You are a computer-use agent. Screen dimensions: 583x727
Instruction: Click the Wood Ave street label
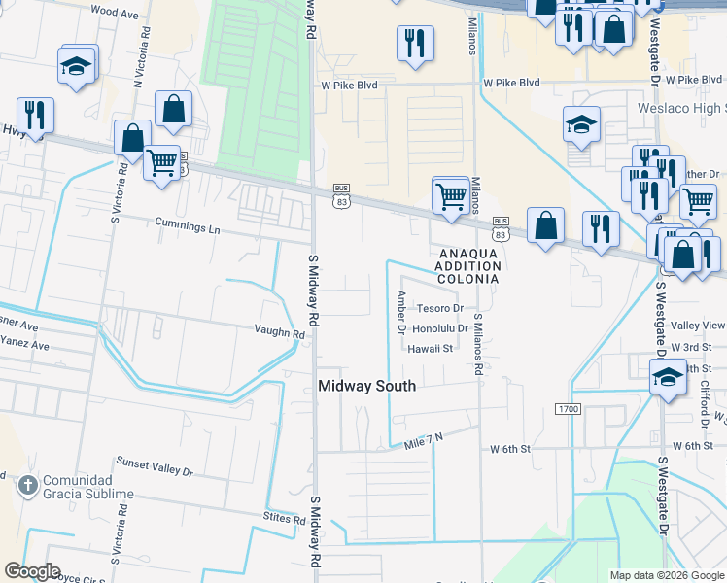click(114, 13)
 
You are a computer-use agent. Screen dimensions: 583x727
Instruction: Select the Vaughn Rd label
click(280, 332)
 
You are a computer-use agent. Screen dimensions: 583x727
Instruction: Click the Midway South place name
click(367, 386)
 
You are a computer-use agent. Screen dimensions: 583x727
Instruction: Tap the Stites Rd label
click(284, 520)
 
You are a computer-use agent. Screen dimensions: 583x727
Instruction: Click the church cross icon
click(29, 484)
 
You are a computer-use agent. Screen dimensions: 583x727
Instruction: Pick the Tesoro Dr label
click(439, 308)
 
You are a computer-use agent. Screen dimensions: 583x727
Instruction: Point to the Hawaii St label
click(431, 348)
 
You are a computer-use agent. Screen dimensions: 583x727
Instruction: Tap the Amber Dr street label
click(400, 311)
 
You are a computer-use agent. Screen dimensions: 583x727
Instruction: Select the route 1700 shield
click(569, 409)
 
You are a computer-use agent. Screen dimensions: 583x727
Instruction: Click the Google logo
click(32, 571)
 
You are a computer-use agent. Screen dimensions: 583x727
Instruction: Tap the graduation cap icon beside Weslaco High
click(581, 124)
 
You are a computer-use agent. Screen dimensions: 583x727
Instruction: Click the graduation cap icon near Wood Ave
click(75, 65)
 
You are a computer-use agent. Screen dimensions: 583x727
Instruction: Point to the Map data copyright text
click(666, 575)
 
